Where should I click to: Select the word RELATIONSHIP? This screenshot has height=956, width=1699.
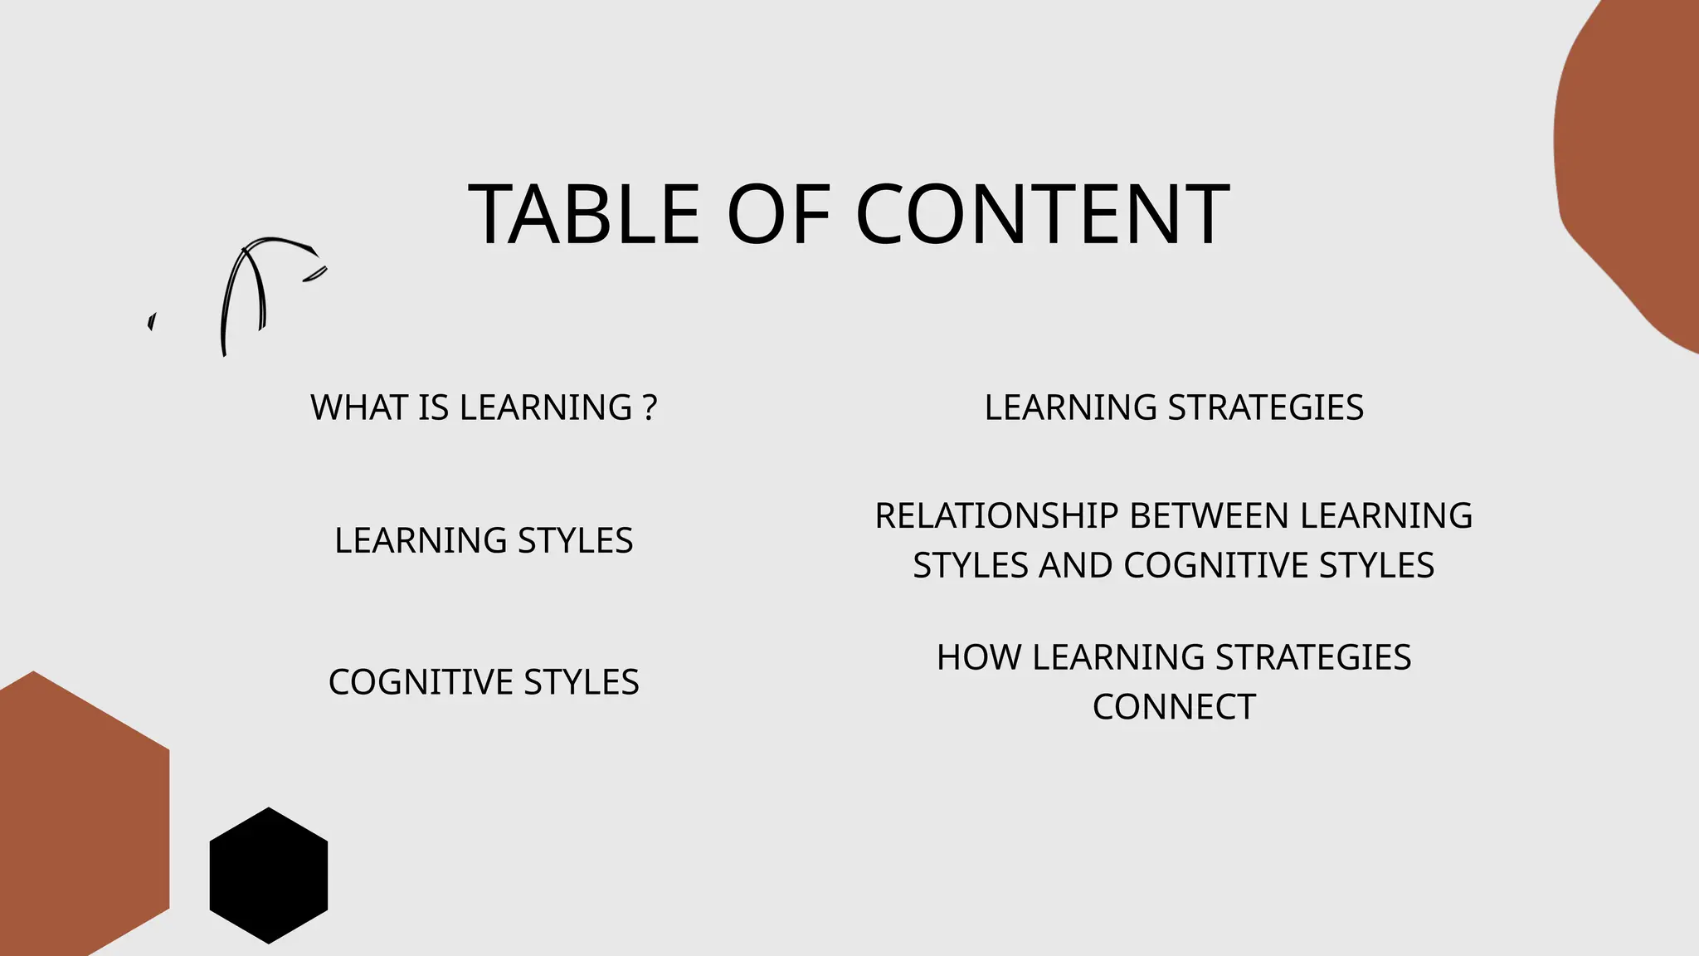click(996, 515)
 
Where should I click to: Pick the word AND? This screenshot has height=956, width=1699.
click(1076, 565)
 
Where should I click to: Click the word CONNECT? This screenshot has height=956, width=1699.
click(1174, 707)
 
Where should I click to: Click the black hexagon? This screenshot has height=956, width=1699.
click(268, 876)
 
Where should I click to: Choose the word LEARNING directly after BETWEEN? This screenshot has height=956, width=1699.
click(1385, 515)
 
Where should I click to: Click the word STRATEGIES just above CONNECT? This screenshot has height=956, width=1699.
click(1312, 657)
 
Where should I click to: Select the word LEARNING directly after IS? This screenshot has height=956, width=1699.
click(546, 407)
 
